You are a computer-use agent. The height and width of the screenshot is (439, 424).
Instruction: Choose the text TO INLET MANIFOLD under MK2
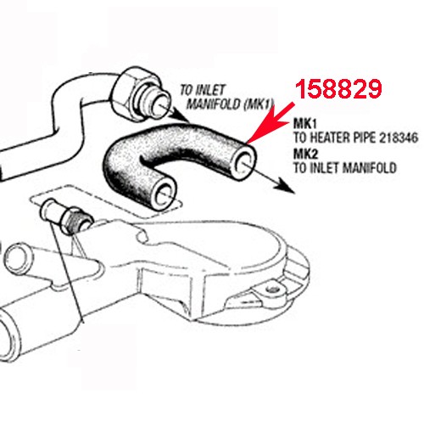[344, 168]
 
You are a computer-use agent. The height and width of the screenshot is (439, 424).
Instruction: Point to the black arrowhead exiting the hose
[284, 189]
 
